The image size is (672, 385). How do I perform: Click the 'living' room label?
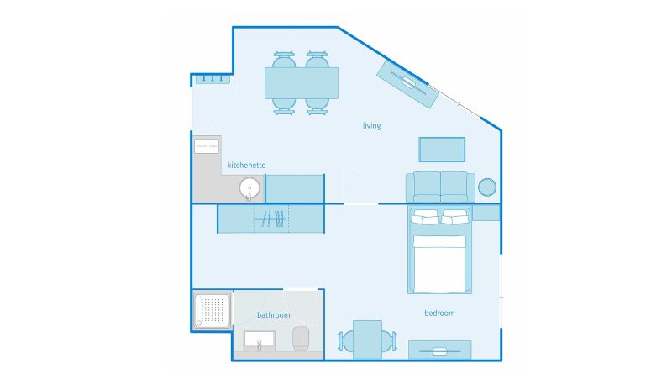click(371, 125)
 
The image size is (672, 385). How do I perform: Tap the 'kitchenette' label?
click(246, 165)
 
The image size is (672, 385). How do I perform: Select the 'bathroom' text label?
click(274, 315)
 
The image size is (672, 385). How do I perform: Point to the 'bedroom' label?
click(439, 313)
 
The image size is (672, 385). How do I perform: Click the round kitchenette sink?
click(249, 188)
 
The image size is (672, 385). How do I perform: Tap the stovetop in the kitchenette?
click(207, 146)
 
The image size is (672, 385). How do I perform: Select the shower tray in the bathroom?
click(213, 311)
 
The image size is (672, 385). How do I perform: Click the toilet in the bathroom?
click(301, 339)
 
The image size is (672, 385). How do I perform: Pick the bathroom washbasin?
click(260, 340)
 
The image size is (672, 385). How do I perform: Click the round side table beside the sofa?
click(487, 187)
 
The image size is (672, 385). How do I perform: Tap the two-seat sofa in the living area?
click(440, 187)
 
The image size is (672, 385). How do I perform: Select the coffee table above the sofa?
click(442, 150)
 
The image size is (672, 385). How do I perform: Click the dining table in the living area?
click(302, 83)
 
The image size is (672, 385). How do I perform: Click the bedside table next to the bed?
click(486, 213)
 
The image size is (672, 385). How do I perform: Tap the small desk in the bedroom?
click(367, 340)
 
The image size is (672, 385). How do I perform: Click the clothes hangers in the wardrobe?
click(270, 219)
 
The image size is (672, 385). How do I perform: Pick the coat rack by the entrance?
click(213, 79)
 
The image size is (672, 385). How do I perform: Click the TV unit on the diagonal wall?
click(407, 83)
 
